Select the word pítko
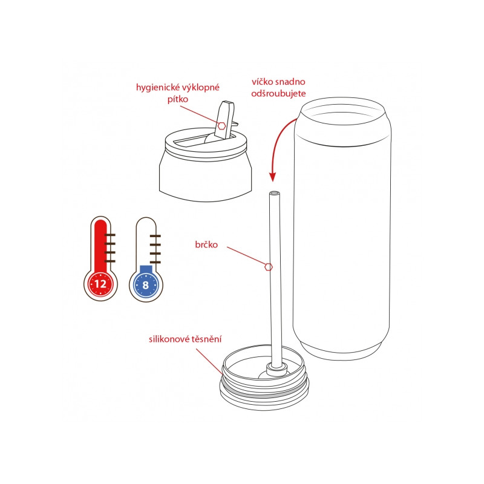click(178, 99)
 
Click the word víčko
click(262, 82)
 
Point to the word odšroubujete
click(278, 94)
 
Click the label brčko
click(206, 245)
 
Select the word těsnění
click(206, 339)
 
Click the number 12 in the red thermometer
click(100, 284)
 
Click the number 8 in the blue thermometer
click(146, 285)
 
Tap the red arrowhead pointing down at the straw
click(272, 177)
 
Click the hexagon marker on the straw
click(269, 267)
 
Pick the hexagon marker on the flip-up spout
click(221, 126)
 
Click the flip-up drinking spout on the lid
click(226, 120)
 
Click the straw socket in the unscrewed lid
click(276, 368)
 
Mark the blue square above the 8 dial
click(146, 269)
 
